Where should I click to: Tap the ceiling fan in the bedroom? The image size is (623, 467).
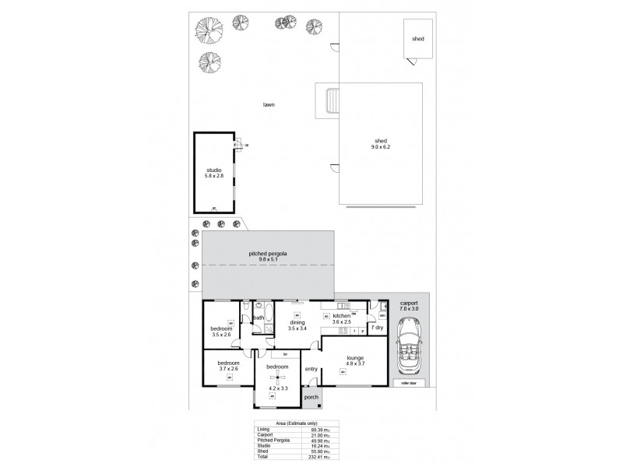(x=272, y=378)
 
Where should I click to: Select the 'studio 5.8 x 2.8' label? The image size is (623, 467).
(x=214, y=172)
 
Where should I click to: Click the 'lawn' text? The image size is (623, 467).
(x=269, y=105)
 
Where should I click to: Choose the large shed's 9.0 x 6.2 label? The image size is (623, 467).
(x=380, y=144)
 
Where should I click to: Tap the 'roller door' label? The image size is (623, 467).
(x=405, y=384)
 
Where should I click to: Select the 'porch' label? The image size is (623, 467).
(x=311, y=397)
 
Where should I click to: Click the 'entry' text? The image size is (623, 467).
(x=311, y=369)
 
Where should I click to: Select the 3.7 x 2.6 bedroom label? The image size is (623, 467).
(x=228, y=367)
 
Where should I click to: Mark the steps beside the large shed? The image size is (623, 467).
(x=330, y=100)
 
